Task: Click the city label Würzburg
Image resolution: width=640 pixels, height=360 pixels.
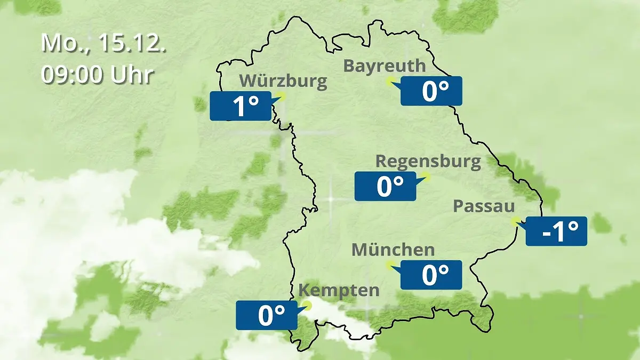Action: (x=283, y=81)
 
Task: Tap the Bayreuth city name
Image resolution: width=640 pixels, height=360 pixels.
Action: (x=385, y=66)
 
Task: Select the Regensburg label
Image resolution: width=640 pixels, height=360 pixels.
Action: (x=428, y=161)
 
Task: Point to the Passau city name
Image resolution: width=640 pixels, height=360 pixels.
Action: (x=484, y=206)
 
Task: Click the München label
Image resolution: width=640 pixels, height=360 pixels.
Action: (x=393, y=249)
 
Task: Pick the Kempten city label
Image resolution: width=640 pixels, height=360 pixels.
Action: (x=339, y=291)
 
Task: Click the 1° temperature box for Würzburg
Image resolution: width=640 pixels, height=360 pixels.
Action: (x=241, y=106)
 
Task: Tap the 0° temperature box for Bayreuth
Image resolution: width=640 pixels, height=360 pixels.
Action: (x=431, y=91)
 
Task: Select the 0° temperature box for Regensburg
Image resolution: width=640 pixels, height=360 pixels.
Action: (x=385, y=186)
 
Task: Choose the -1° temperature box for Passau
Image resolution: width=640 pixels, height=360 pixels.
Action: (x=556, y=231)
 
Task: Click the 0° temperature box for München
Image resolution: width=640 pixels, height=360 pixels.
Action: (x=431, y=275)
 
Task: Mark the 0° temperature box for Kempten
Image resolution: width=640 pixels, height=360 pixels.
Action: (x=267, y=315)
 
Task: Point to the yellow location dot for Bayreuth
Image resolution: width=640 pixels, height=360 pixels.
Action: (x=390, y=81)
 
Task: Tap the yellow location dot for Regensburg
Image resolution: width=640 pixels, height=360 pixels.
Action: (x=426, y=176)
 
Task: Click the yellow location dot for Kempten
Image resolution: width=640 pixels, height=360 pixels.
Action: (x=307, y=305)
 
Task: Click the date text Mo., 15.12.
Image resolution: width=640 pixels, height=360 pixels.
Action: (x=103, y=43)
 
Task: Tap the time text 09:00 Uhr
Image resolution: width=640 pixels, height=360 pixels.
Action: (x=98, y=75)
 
